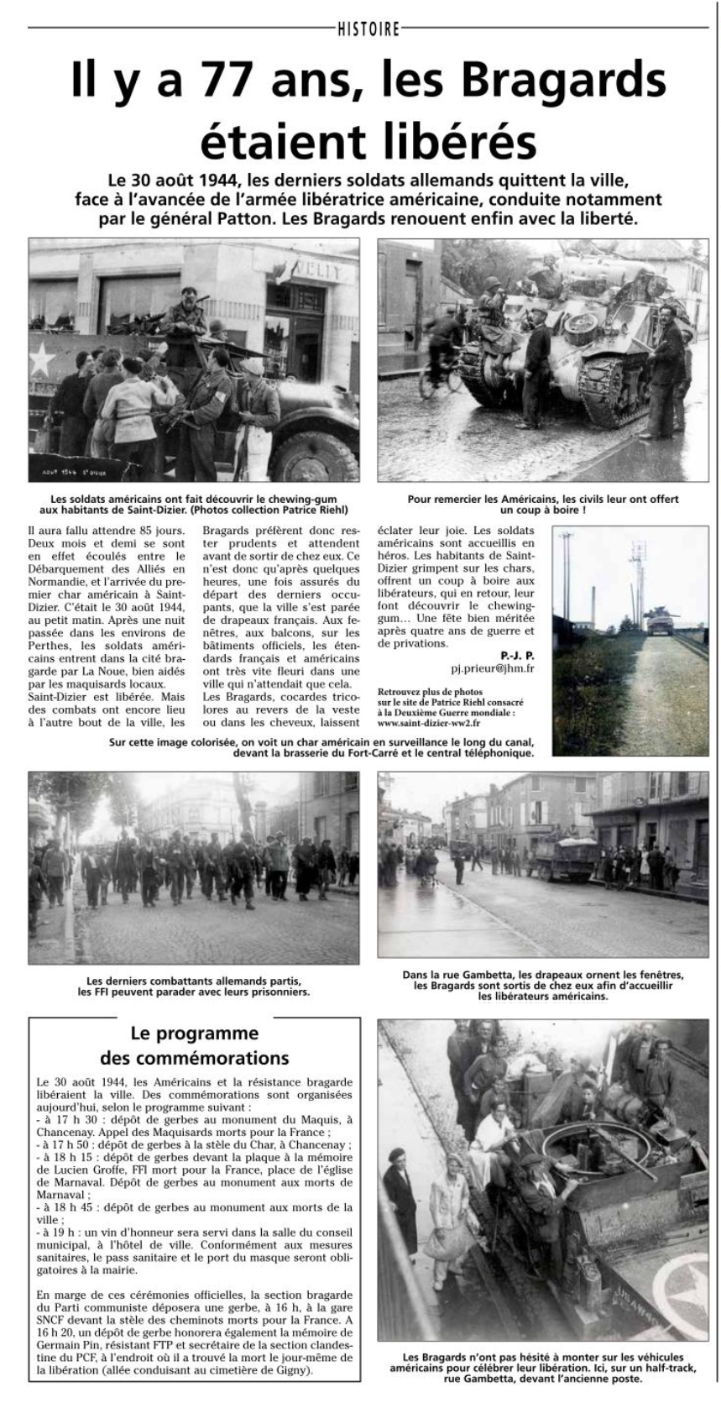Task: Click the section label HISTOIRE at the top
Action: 368,29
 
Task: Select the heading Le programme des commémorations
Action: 195,1045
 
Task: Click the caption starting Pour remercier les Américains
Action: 543,504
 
